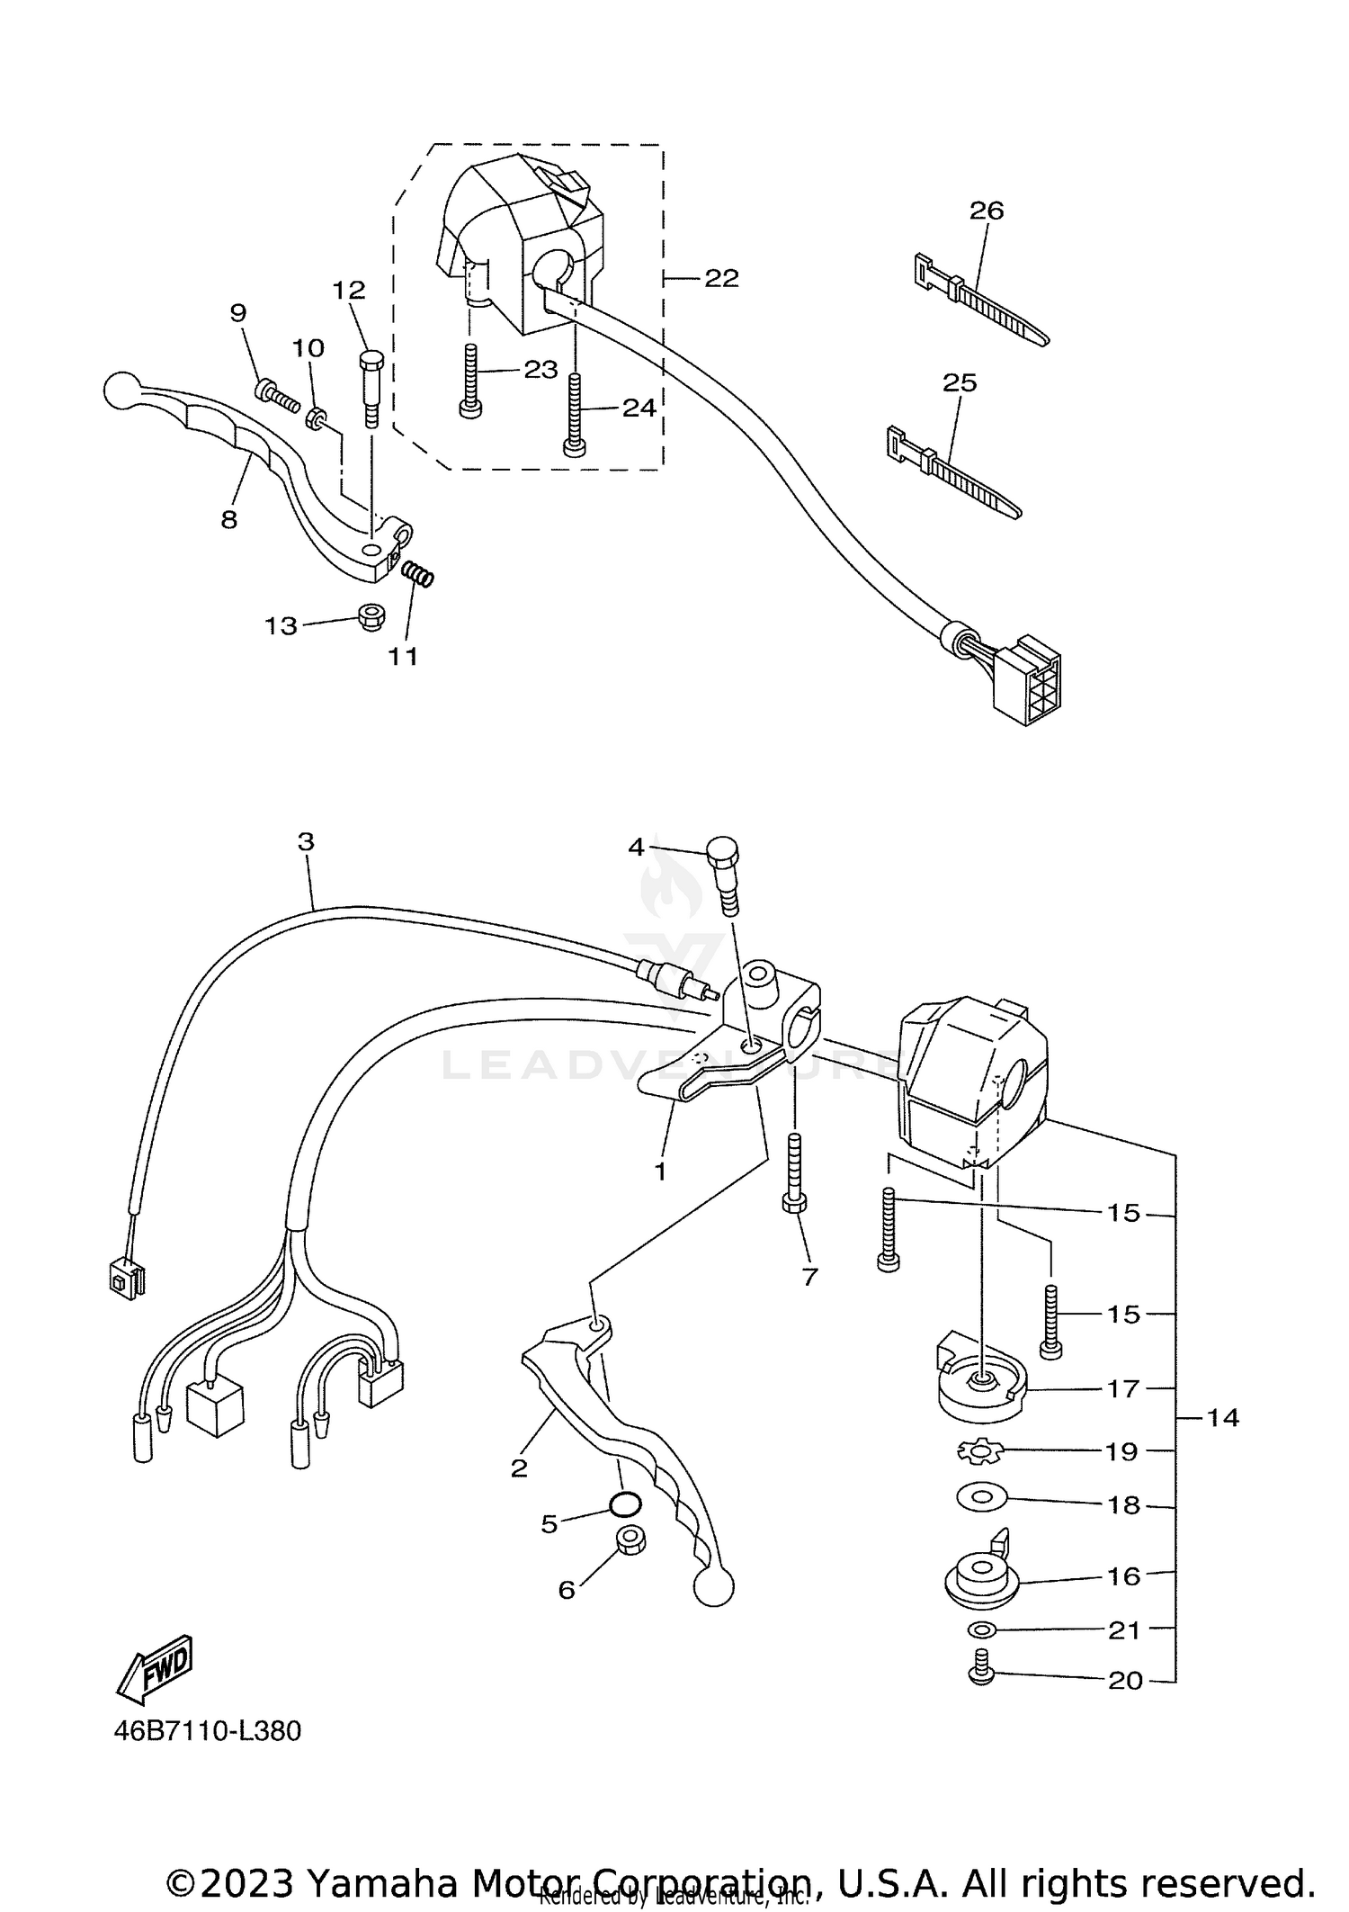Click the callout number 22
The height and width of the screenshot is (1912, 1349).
pyautogui.click(x=720, y=279)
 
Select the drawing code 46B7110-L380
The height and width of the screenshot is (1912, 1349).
pyautogui.click(x=207, y=1730)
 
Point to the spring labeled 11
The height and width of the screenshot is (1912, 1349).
pyautogui.click(x=417, y=573)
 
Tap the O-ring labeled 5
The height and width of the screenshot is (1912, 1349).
pyautogui.click(x=625, y=1503)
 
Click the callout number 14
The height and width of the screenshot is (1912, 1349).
pyautogui.click(x=1222, y=1418)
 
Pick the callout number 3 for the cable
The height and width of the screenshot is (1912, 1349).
pyautogui.click(x=306, y=842)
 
